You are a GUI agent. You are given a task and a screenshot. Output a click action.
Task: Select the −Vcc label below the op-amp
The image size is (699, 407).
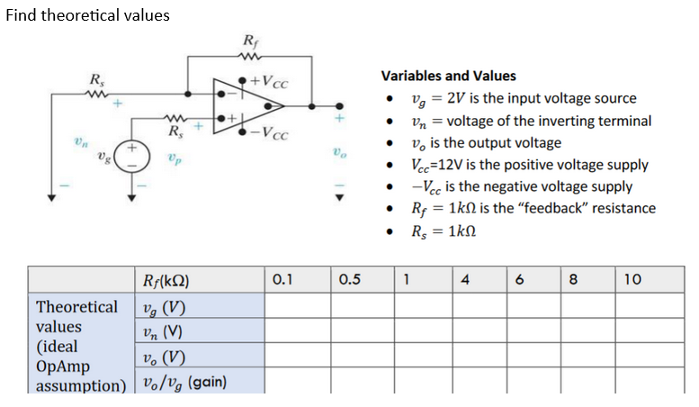click(271, 136)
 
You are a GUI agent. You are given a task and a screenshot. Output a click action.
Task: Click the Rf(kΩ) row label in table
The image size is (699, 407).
click(166, 280)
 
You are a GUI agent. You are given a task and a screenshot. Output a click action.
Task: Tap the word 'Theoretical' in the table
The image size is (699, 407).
click(76, 307)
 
